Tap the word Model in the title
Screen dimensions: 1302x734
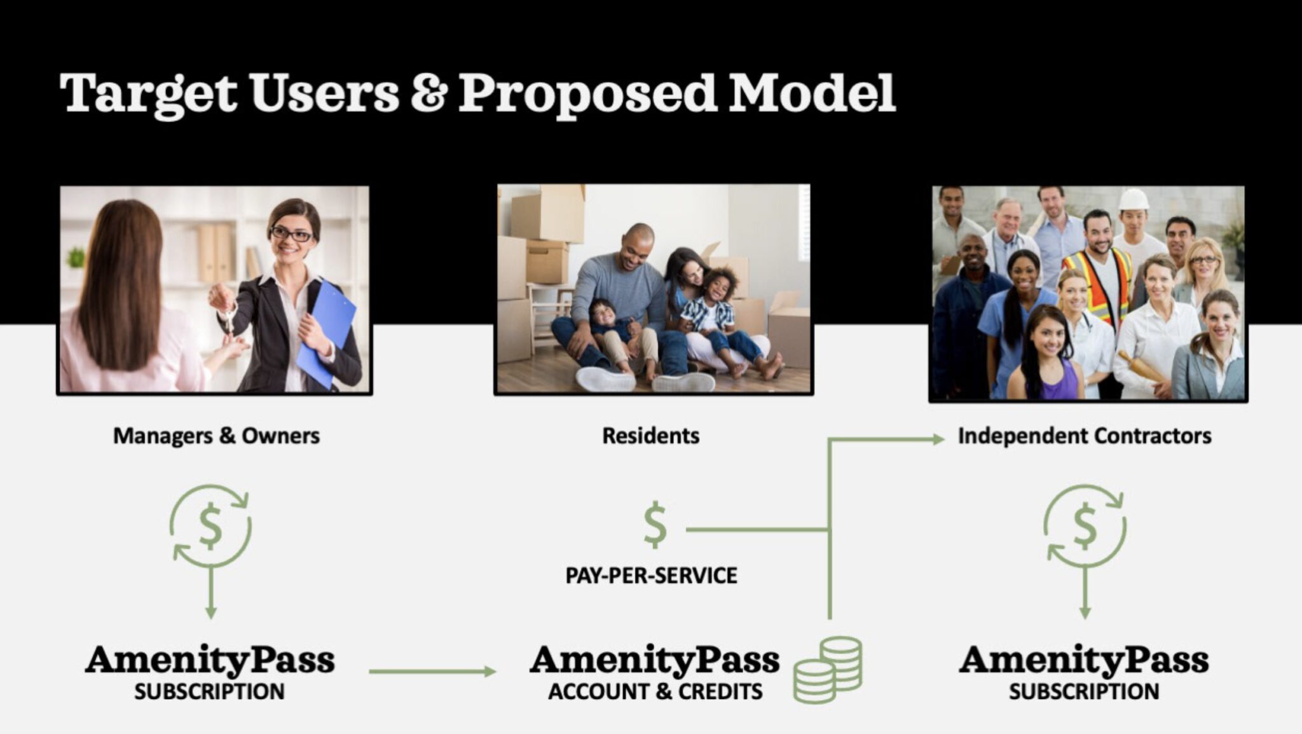click(812, 93)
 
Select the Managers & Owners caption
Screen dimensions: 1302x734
click(216, 436)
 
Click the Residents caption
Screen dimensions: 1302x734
click(650, 436)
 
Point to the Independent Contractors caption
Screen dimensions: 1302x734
click(1085, 436)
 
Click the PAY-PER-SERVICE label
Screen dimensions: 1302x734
click(652, 576)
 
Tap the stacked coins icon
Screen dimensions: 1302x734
click(828, 670)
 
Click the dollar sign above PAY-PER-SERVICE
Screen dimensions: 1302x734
click(655, 525)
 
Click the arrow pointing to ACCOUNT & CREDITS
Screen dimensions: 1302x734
click(432, 671)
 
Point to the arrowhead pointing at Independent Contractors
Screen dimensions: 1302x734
click(938, 438)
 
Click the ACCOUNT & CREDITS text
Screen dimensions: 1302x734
click(655, 691)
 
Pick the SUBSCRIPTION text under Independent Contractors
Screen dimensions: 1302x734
click(1084, 691)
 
